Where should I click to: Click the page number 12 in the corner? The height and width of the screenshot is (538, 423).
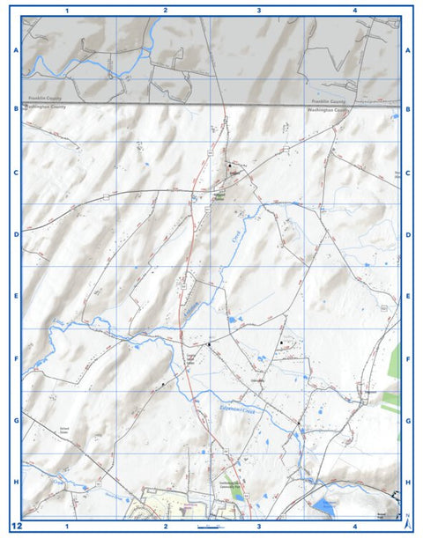coord(16,525)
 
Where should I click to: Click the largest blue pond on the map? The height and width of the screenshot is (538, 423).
coord(324,506)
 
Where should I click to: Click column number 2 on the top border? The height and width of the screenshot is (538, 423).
coord(165,11)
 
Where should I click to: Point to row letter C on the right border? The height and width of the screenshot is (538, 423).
coord(408,173)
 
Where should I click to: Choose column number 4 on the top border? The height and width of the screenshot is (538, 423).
coord(353,11)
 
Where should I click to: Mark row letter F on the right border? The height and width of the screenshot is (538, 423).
coord(408,359)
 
